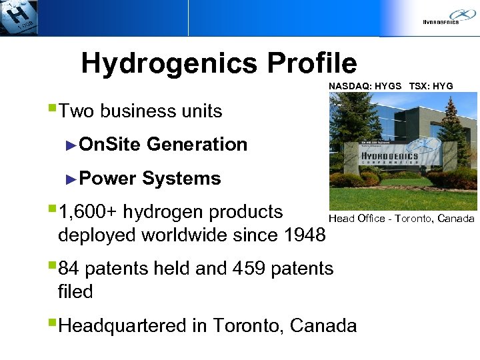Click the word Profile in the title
(311, 64)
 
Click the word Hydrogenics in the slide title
(170, 64)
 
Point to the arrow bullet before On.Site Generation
(73, 144)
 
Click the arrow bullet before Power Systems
(73, 178)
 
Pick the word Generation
(197, 144)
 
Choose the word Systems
(181, 179)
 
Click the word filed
(75, 291)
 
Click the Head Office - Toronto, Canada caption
(401, 219)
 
